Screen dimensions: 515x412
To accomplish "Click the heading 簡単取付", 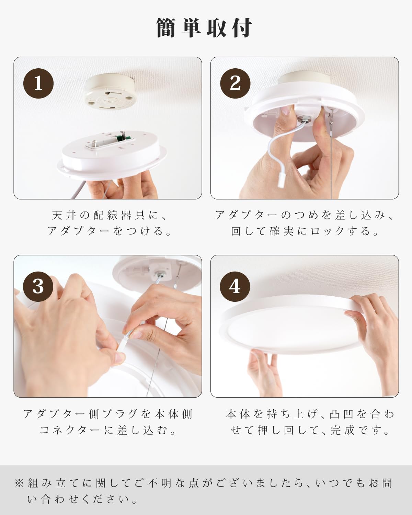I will (x=205, y=28).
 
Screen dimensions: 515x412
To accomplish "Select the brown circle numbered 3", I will (x=38, y=286).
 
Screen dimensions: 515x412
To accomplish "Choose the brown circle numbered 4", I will (x=235, y=286).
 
